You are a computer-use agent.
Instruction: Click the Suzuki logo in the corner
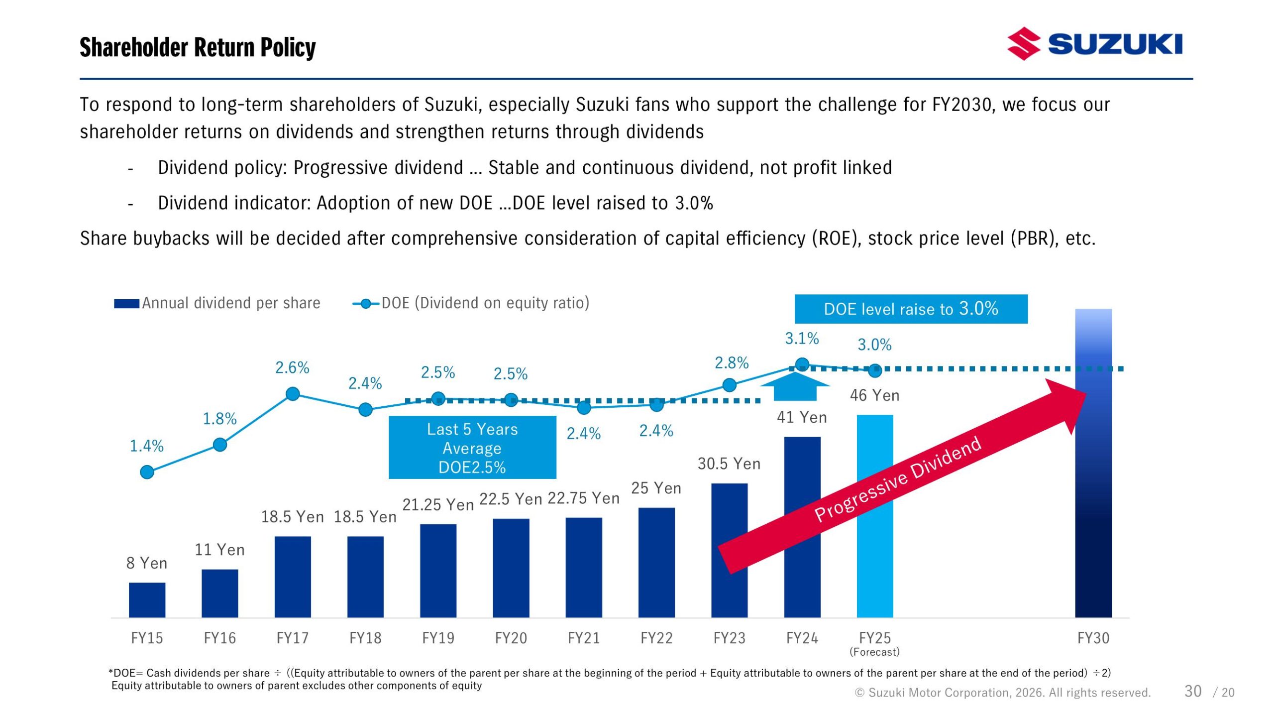point(1094,44)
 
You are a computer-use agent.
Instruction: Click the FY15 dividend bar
point(147,600)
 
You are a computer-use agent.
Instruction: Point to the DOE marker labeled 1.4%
point(147,472)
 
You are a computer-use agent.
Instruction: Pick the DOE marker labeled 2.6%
point(293,394)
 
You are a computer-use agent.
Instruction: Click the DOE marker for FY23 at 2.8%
point(729,384)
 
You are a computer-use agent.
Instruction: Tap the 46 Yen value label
point(874,395)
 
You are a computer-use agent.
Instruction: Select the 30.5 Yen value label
point(729,464)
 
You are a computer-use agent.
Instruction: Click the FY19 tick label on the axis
point(438,638)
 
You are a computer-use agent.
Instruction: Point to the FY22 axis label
point(656,638)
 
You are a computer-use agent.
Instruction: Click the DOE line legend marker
point(366,303)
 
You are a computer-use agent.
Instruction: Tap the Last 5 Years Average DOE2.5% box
point(472,448)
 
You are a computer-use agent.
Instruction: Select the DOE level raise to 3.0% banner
point(911,309)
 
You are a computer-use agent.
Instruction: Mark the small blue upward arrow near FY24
point(795,387)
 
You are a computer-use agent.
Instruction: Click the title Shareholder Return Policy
point(198,47)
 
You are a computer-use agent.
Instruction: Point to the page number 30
point(1193,691)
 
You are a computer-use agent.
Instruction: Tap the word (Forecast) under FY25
point(874,652)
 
